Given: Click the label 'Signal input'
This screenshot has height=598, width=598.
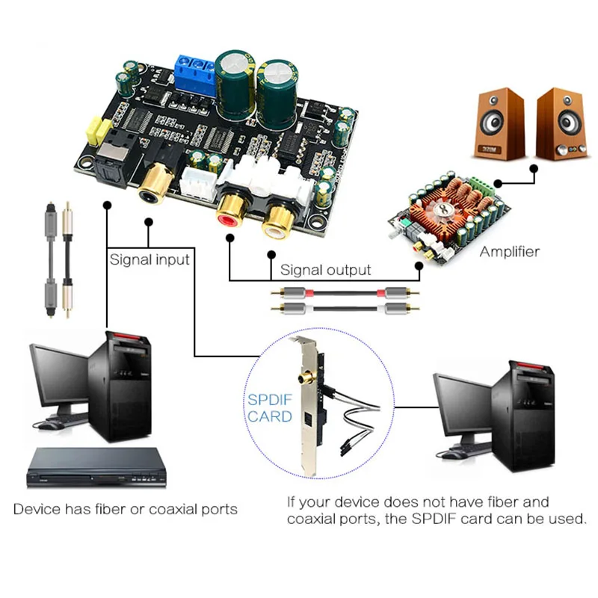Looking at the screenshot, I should [x=149, y=259].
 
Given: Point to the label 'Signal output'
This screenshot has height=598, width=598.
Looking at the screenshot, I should [x=325, y=269].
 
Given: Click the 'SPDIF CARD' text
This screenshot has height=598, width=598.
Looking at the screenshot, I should [x=270, y=408].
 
